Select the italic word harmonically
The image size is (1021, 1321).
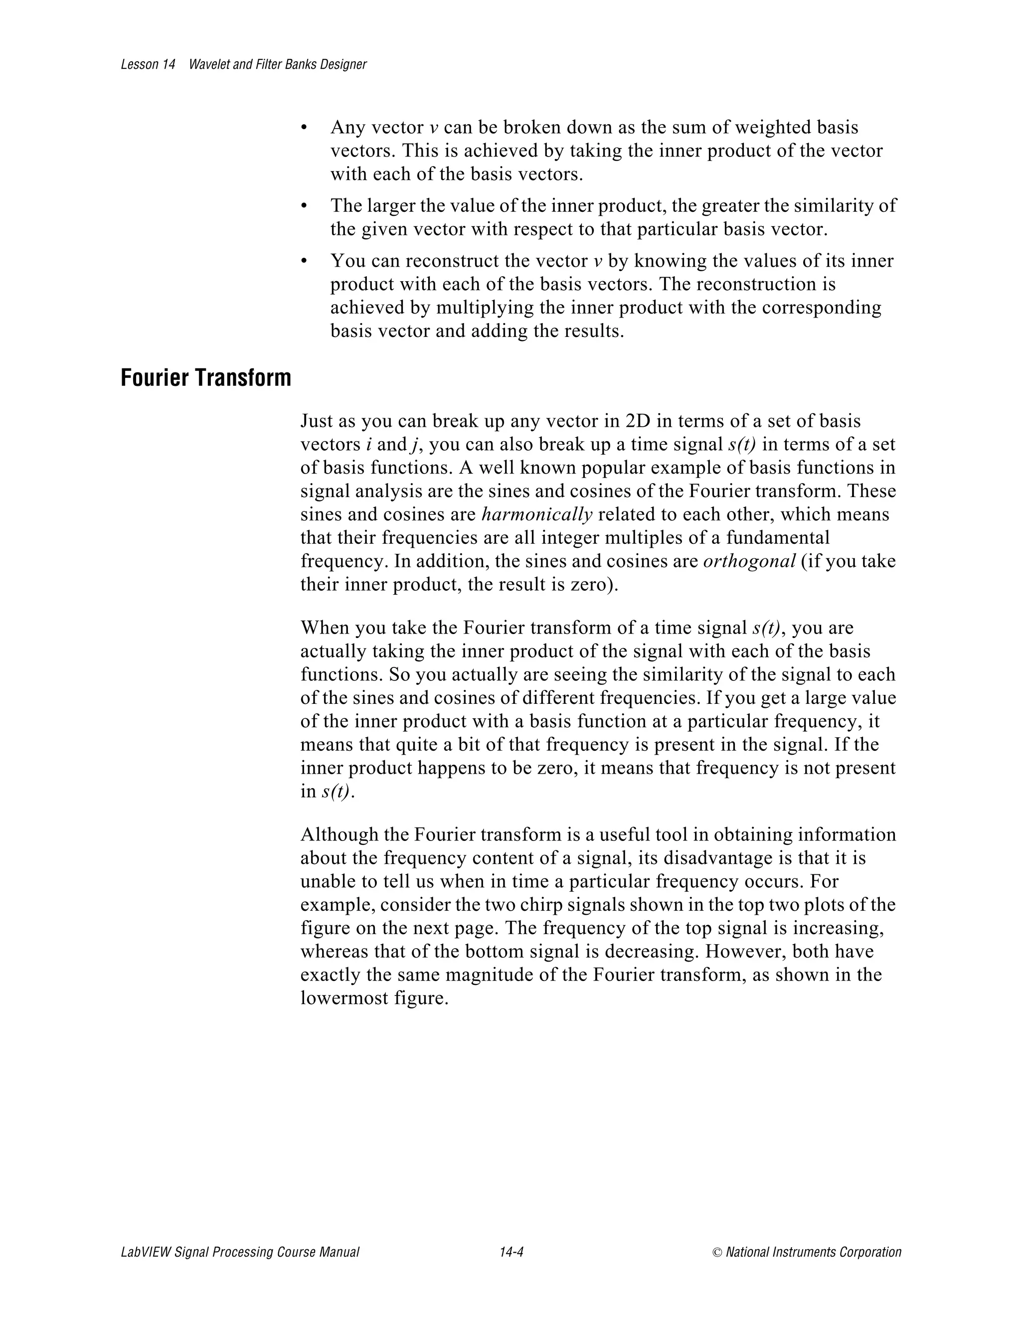coord(536,515)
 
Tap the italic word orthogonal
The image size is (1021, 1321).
coord(749,561)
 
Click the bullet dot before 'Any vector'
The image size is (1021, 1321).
coord(304,128)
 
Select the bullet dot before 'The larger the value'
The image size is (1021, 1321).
coord(304,206)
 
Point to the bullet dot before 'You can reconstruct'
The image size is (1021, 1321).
coord(304,261)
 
